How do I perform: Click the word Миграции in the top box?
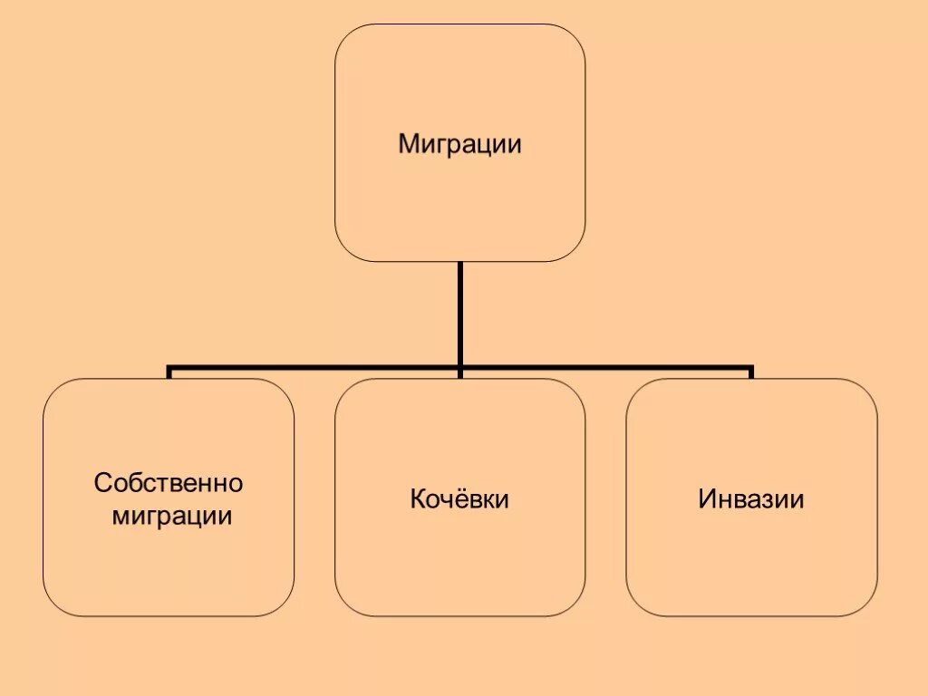pyautogui.click(x=460, y=144)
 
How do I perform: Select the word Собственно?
pyautogui.click(x=169, y=483)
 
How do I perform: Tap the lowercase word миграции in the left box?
pyautogui.click(x=172, y=517)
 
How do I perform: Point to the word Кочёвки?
pyautogui.click(x=459, y=499)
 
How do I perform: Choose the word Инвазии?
pyautogui.click(x=751, y=499)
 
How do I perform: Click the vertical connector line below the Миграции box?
pyautogui.click(x=460, y=313)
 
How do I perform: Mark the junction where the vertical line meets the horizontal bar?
pyautogui.click(x=460, y=368)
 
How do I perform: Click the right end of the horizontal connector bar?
pyautogui.click(x=750, y=370)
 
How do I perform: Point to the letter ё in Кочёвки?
pyautogui.click(x=459, y=499)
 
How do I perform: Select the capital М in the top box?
pyautogui.click(x=409, y=144)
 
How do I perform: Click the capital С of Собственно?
pyautogui.click(x=102, y=483)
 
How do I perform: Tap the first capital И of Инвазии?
pyautogui.click(x=707, y=499)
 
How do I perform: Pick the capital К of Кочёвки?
pyautogui.click(x=418, y=499)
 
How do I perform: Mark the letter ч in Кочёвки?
pyautogui.click(x=445, y=500)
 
